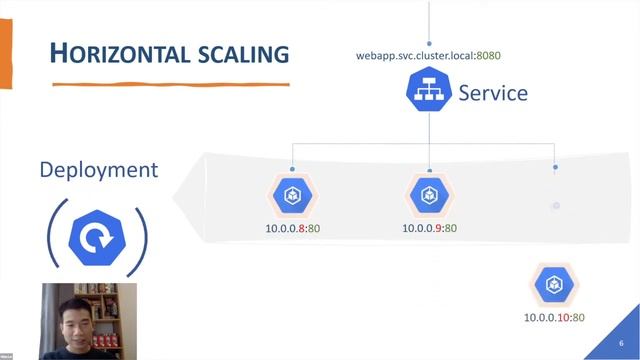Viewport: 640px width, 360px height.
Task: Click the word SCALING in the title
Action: (x=238, y=53)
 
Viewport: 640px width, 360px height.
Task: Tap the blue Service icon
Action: (x=429, y=93)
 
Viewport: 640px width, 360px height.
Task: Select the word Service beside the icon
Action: (x=493, y=93)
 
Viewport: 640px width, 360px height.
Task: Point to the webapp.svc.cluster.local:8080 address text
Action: (x=427, y=55)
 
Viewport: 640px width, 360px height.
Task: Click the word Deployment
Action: (x=98, y=169)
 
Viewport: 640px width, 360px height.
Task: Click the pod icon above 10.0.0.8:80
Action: (x=293, y=196)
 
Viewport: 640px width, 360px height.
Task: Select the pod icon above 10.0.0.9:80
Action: (x=430, y=196)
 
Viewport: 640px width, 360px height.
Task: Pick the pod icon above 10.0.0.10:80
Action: (x=554, y=286)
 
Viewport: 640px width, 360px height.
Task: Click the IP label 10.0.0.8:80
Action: (x=292, y=228)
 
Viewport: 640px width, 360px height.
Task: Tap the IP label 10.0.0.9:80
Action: (x=429, y=228)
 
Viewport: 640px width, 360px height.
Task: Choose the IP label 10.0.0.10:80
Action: (x=554, y=318)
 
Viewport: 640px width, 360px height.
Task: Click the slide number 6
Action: (x=621, y=343)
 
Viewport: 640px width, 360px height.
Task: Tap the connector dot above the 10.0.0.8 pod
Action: (x=293, y=169)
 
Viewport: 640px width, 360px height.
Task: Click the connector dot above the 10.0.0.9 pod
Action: (x=430, y=169)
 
